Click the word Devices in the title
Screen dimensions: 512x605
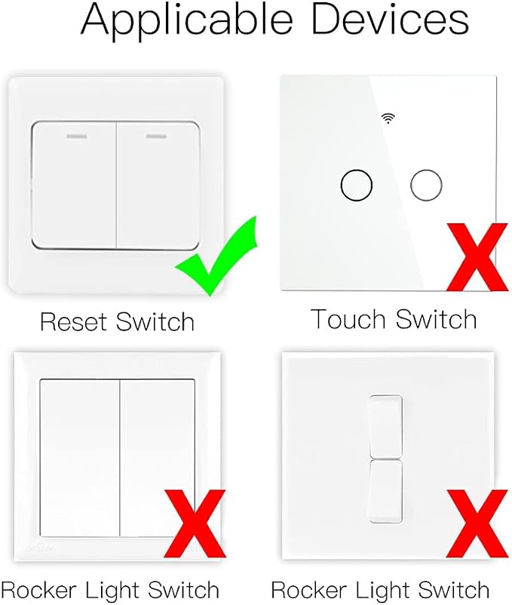tap(390, 19)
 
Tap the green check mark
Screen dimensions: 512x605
tap(216, 256)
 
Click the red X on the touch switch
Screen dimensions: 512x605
tap(477, 256)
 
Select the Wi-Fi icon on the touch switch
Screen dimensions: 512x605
tap(388, 118)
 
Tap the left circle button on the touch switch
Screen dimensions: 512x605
tap(357, 185)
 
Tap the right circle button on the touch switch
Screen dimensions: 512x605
tap(426, 185)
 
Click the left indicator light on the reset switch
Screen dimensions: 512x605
tap(77, 137)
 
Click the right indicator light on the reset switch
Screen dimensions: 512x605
tap(156, 137)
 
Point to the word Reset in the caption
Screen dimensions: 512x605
tap(73, 321)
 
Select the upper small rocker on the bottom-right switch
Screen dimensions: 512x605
tap(386, 425)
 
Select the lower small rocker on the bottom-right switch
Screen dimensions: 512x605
tap(386, 491)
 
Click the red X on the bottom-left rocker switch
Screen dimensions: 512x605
tap(195, 524)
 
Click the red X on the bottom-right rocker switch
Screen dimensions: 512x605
tap(477, 524)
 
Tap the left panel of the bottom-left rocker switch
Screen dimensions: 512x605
tap(79, 458)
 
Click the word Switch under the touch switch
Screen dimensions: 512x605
tap(436, 319)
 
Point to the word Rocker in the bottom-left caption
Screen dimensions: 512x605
tap(38, 590)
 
